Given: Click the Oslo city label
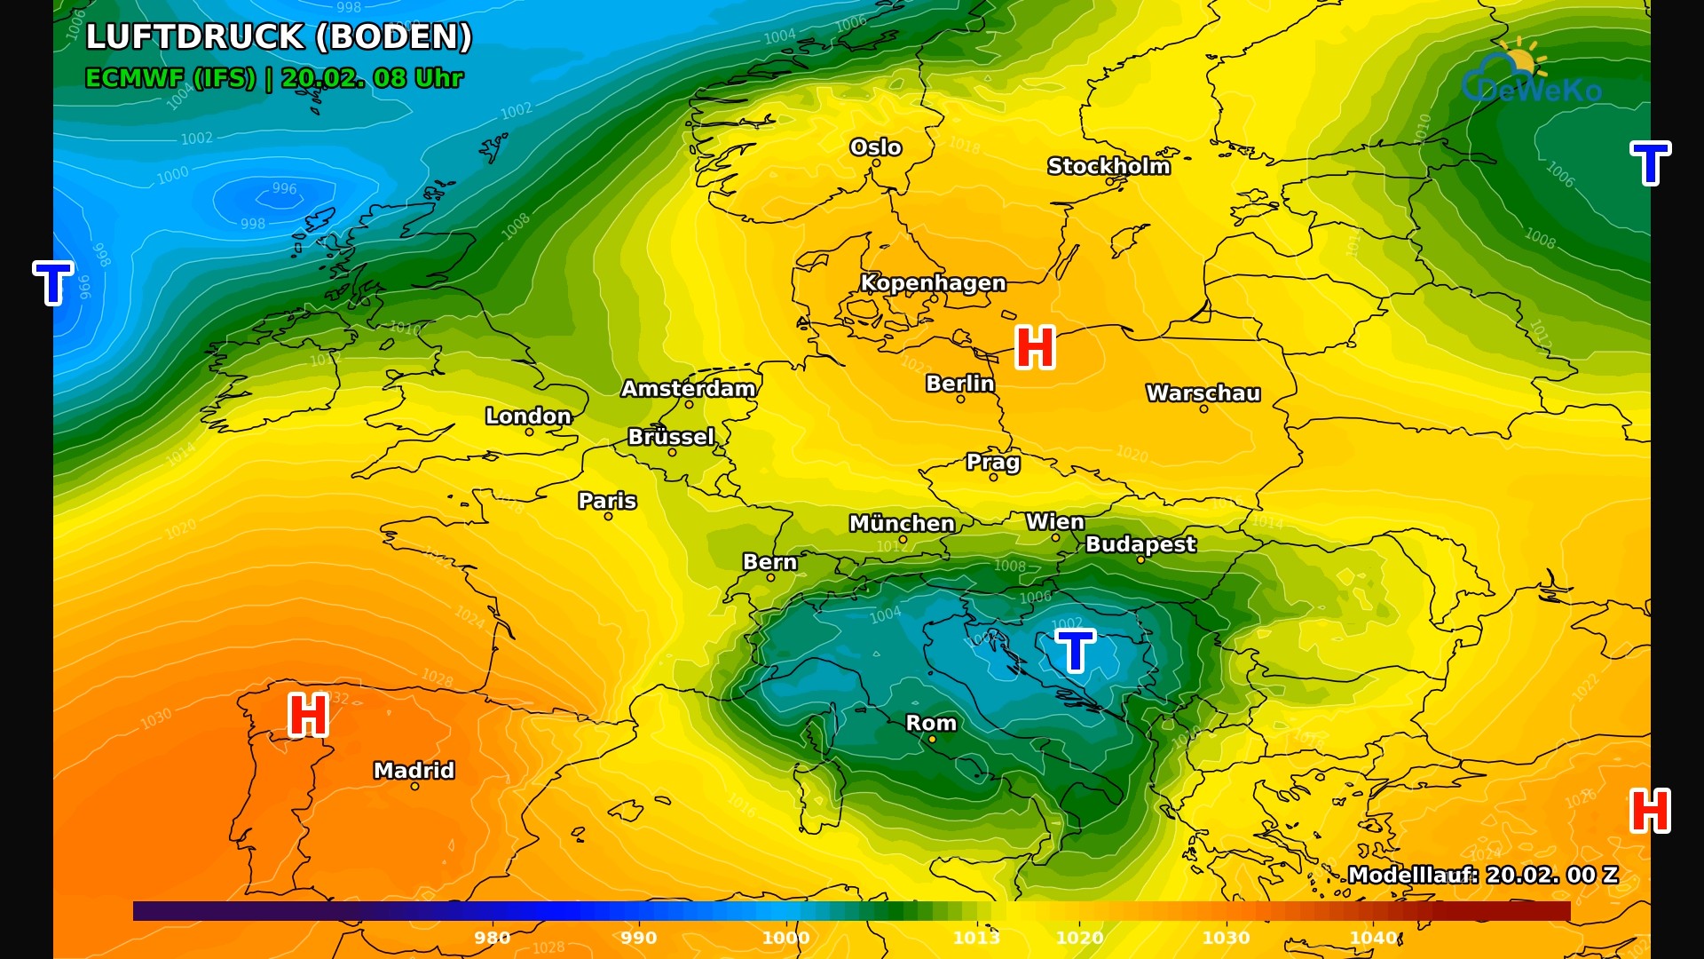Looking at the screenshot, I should point(875,147).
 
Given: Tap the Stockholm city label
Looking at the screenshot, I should point(1108,166).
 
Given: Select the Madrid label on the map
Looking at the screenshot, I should point(414,770).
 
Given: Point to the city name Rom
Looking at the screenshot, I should point(931,723).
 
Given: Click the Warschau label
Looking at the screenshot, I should point(1203,392).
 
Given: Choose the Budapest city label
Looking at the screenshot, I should point(1140,543).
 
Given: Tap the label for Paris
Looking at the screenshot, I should point(607,500).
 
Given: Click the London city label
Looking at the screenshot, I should point(528,416).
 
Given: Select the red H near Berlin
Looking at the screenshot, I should point(1035,347).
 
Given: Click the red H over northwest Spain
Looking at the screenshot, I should point(309,715).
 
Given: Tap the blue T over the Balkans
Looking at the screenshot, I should point(1076,651).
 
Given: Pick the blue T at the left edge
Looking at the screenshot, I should point(52,283).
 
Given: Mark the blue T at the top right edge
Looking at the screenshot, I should point(1650,163).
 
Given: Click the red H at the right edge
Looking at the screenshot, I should point(1650,811).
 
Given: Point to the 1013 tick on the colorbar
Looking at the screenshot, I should point(976,938).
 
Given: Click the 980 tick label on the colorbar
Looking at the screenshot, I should point(492,938).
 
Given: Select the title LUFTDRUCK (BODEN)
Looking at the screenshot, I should point(279,37).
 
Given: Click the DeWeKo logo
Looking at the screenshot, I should point(1531,75).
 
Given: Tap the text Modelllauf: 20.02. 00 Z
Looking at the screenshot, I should point(1483,875).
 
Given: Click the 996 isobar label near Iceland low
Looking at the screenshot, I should point(284,188).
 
